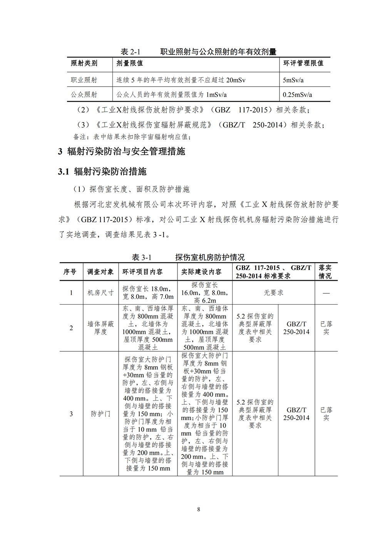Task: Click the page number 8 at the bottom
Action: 199,509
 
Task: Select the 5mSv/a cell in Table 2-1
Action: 293,80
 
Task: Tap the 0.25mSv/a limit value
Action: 297,94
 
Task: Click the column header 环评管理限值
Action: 303,63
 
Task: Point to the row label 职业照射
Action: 84,80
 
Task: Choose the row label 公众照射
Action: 84,94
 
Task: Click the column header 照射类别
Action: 84,63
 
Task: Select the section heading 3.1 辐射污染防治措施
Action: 102,171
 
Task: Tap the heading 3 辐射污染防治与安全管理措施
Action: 121,151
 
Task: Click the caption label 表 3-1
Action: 142,257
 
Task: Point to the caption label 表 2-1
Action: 131,52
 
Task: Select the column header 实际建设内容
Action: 201,272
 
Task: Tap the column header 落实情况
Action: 325,272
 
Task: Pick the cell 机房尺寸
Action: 100,293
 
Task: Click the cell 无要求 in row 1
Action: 273,293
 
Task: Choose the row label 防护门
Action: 100,414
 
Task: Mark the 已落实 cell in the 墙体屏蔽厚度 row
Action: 326,328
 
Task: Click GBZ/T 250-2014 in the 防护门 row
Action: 296,414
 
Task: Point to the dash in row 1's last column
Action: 326,293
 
